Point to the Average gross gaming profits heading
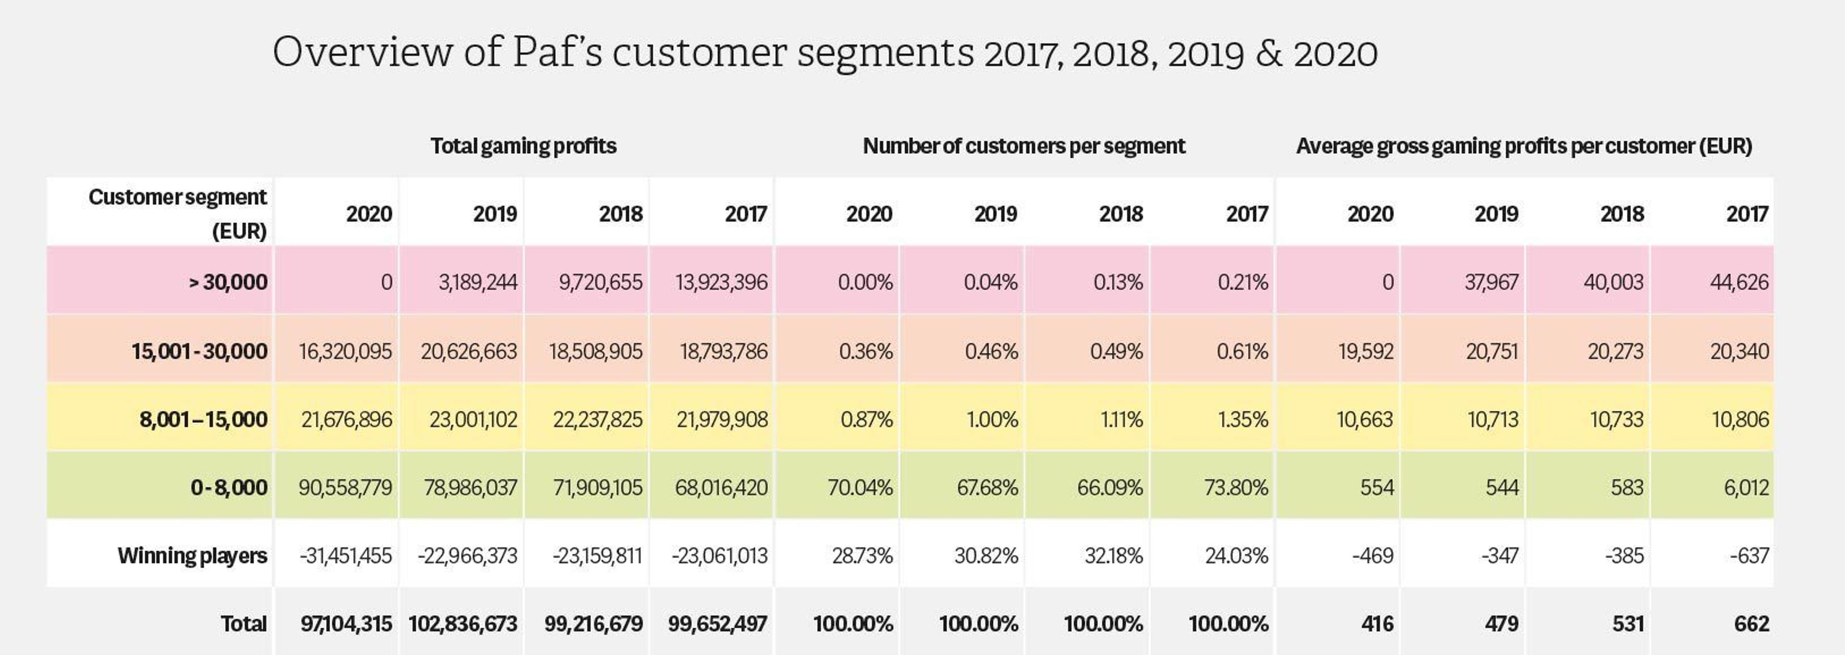(1524, 146)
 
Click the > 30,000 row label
(228, 282)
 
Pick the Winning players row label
(192, 555)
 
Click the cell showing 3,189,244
(478, 282)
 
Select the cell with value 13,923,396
(721, 282)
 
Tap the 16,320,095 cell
(345, 351)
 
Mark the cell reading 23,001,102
(473, 419)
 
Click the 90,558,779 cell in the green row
(345, 487)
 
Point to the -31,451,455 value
(345, 555)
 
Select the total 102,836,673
(463, 623)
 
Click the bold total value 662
(1751, 623)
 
